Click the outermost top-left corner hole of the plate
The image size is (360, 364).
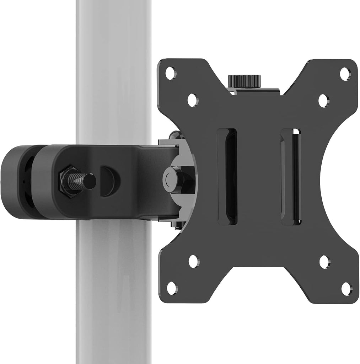(x=171, y=73)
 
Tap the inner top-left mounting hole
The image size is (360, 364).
(x=193, y=100)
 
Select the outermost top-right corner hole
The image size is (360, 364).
(x=345, y=74)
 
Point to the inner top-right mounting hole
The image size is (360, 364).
(x=323, y=101)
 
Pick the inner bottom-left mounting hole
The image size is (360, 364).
(x=194, y=261)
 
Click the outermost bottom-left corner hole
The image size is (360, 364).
(x=172, y=288)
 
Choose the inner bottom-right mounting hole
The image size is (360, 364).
(x=324, y=262)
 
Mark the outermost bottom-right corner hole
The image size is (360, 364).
(x=346, y=289)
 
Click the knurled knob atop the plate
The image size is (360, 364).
(x=244, y=80)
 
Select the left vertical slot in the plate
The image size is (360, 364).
(x=227, y=176)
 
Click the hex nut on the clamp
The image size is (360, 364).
(x=68, y=181)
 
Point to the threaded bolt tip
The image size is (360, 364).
(x=89, y=181)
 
